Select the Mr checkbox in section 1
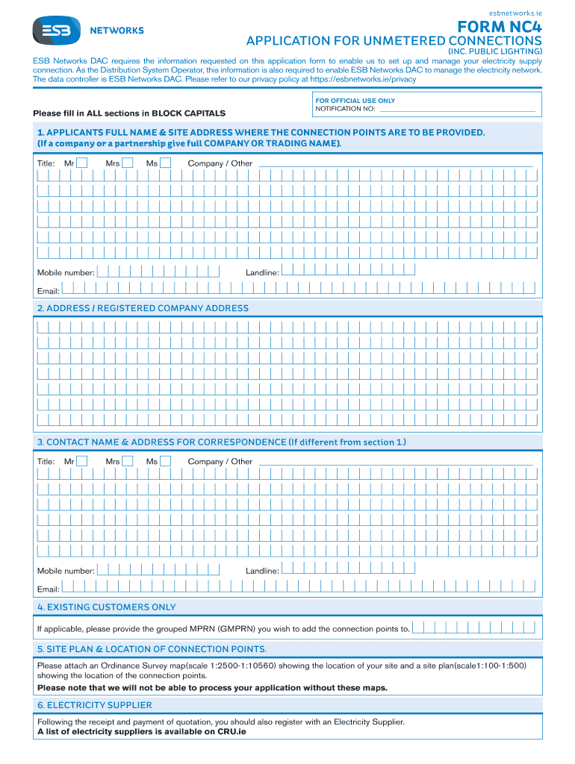[82, 163]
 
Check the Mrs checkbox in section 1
[128, 163]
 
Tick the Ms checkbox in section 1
[166, 163]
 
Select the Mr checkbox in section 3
[82, 461]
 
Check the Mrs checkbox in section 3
[128, 461]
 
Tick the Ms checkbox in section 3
[166, 461]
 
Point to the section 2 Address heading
[143, 308]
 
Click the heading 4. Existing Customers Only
[107, 607]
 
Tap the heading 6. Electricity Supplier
[95, 705]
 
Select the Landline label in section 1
[262, 272]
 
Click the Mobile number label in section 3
[66, 571]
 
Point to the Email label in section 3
[48, 589]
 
